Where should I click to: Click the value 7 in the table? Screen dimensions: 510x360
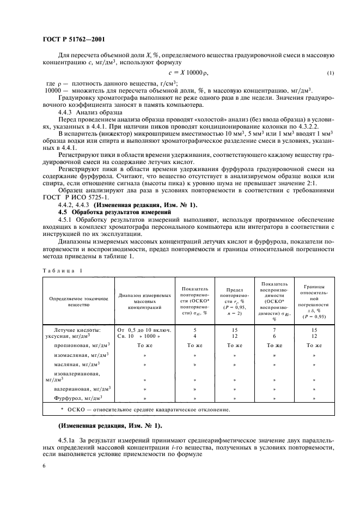[274, 330]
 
